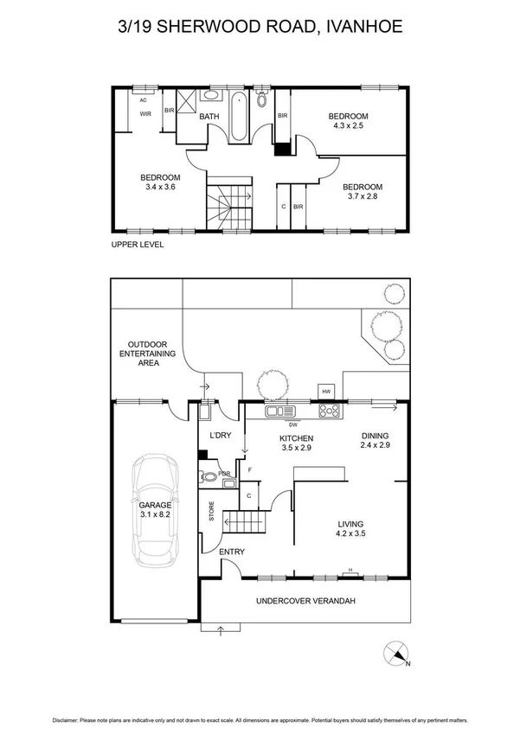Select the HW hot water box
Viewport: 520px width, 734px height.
pos(326,392)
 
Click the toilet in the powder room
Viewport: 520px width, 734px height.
pos(209,476)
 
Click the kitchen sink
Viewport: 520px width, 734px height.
pos(280,411)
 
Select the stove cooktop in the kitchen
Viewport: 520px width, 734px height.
pos(330,412)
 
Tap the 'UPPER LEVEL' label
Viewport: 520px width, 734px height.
pos(138,245)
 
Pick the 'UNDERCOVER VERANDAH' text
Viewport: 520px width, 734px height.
pos(305,601)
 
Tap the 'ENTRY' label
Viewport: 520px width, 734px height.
pos(231,552)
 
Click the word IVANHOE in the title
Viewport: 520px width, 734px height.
pos(361,27)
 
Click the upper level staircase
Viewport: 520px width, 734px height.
pos(227,205)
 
